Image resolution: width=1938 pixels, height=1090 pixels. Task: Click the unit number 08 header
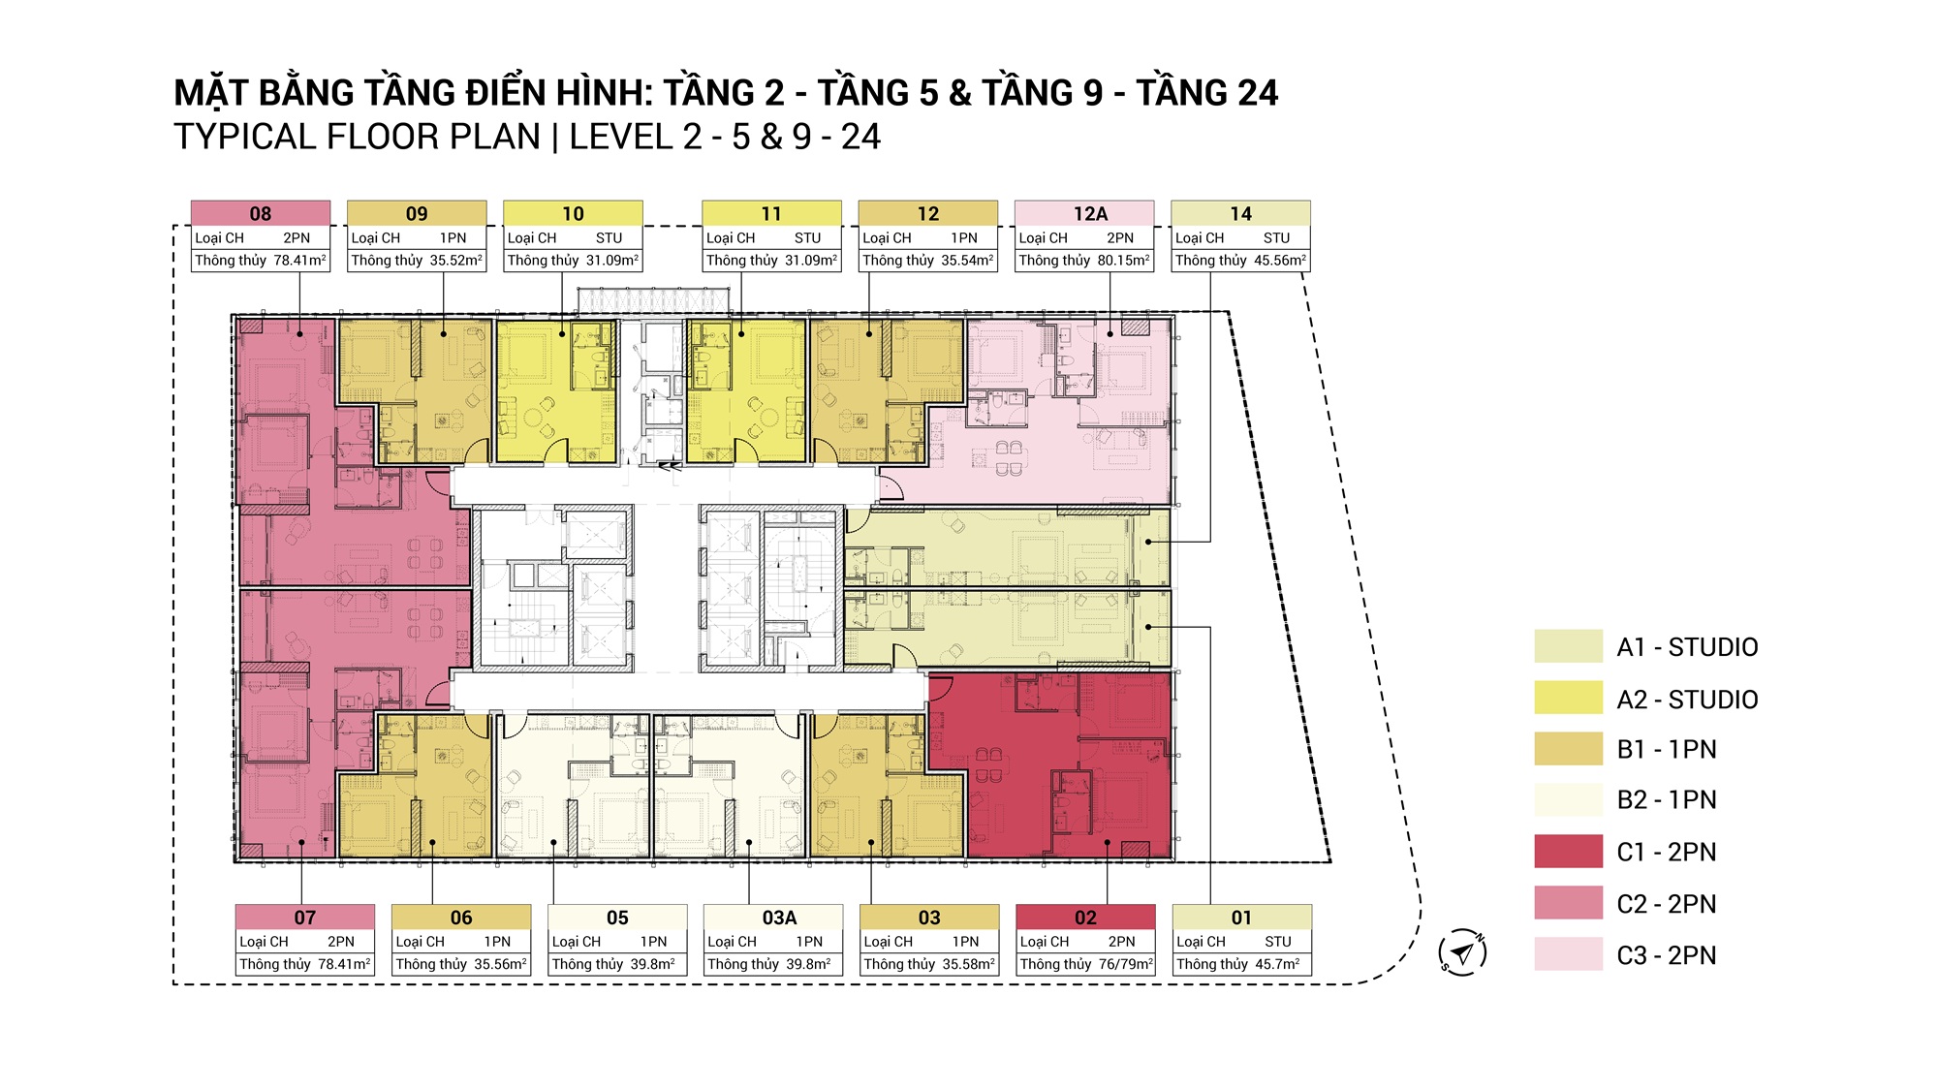click(x=261, y=213)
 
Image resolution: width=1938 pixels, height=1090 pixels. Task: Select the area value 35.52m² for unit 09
click(x=456, y=261)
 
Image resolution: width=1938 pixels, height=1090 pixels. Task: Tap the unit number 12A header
click(x=1090, y=213)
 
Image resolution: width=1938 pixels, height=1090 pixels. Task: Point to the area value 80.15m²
click(x=1124, y=261)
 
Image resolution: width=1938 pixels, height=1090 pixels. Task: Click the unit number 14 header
click(x=1241, y=213)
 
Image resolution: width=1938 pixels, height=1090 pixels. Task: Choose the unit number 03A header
click(x=779, y=917)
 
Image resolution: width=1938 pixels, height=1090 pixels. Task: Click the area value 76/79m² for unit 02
click(x=1126, y=964)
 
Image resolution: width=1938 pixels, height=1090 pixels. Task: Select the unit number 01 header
click(x=1242, y=917)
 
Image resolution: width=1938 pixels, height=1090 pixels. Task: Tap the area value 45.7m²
click(x=1278, y=964)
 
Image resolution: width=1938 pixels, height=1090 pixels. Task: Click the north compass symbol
click(x=1462, y=951)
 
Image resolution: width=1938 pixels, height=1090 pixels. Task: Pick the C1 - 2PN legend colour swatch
click(x=1569, y=852)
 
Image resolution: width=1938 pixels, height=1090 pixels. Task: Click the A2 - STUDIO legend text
click(x=1687, y=700)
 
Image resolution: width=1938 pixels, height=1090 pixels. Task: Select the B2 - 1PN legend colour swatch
click(x=1569, y=799)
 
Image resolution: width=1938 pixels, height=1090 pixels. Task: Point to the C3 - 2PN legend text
click(x=1667, y=955)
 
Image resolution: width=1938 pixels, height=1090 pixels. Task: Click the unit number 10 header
click(x=573, y=213)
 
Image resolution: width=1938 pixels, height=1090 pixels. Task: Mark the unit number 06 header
click(x=461, y=917)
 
